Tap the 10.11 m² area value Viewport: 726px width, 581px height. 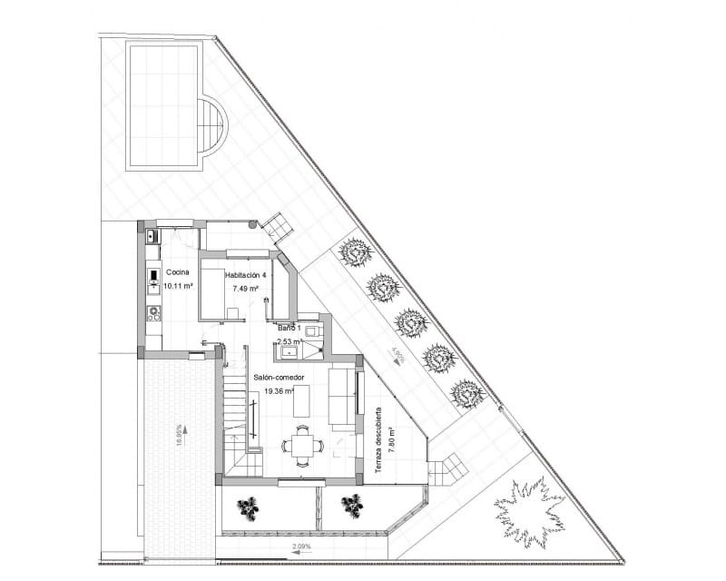click(x=178, y=285)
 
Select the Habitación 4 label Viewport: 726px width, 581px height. click(x=246, y=276)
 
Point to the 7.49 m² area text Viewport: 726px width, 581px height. click(x=245, y=289)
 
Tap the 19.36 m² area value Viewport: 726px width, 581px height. click(x=281, y=391)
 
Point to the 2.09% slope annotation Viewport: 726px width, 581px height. click(x=302, y=547)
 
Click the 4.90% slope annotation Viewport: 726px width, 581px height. click(x=397, y=355)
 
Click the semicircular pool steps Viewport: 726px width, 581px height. click(x=212, y=126)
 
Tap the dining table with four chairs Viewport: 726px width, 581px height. click(x=302, y=444)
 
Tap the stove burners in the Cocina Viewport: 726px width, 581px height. click(x=152, y=315)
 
